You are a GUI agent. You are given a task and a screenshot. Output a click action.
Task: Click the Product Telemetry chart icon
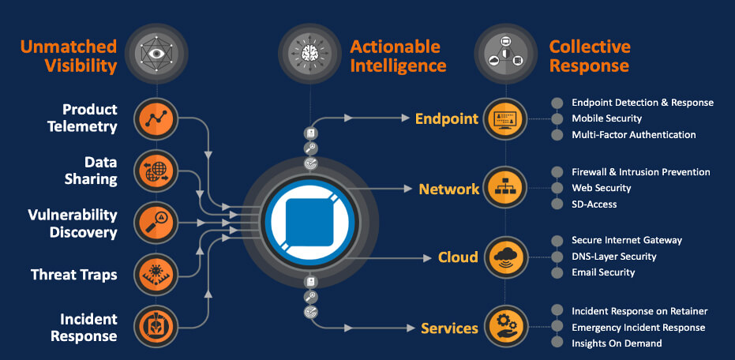(154, 118)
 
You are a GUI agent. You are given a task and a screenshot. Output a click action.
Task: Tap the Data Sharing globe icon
(154, 170)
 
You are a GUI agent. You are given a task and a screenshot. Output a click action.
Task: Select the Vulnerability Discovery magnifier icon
(154, 222)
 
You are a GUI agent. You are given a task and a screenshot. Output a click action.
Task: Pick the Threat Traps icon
(154, 274)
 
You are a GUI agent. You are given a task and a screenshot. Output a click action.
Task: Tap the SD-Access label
(594, 204)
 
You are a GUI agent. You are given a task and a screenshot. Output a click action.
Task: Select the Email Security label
(603, 272)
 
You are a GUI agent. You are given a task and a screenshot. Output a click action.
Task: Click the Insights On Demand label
(617, 343)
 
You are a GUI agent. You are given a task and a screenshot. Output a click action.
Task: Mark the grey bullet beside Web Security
(557, 188)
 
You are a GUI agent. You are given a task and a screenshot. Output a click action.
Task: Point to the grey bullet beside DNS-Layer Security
(557, 257)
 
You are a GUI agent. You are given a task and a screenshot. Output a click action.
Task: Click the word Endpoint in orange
(447, 119)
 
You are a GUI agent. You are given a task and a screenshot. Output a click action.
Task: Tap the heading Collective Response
(589, 55)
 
